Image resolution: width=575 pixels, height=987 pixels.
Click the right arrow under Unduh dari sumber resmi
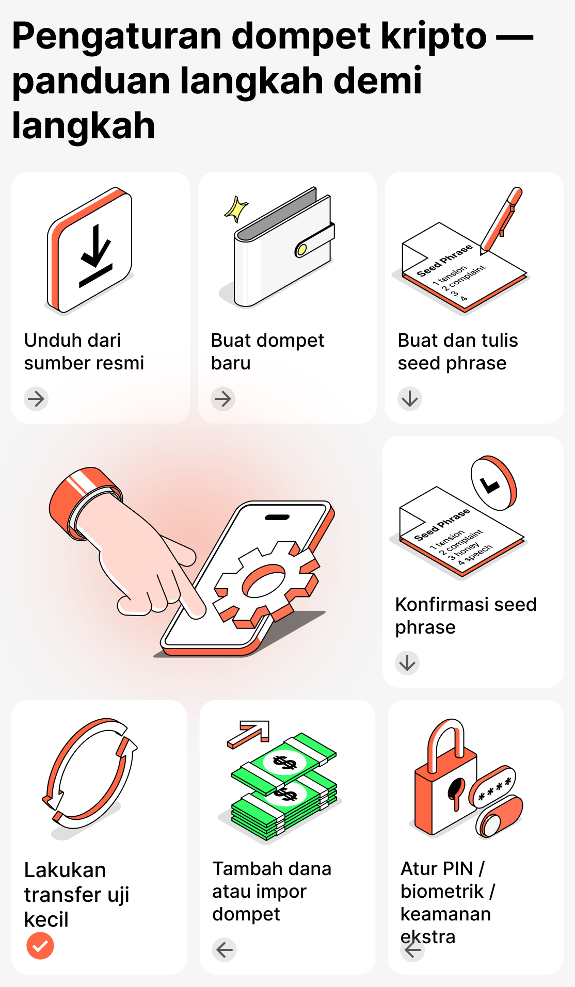coord(36,399)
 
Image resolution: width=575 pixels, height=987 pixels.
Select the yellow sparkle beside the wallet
coord(236,209)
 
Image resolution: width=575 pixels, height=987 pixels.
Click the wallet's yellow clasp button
coord(301,250)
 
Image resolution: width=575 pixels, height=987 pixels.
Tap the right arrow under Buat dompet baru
coord(223,399)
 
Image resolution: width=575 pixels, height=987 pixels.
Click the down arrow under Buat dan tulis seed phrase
coord(410,399)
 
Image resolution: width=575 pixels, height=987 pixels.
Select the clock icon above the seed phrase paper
coord(493,483)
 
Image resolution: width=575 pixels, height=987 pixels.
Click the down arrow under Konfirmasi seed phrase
coord(407,663)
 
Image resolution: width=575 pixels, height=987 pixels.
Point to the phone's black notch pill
coord(277,517)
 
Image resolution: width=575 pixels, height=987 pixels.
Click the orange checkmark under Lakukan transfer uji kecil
coord(40,946)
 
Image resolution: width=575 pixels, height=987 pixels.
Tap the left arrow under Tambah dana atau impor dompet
coord(225,950)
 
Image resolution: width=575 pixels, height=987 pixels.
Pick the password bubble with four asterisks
coord(493,787)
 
